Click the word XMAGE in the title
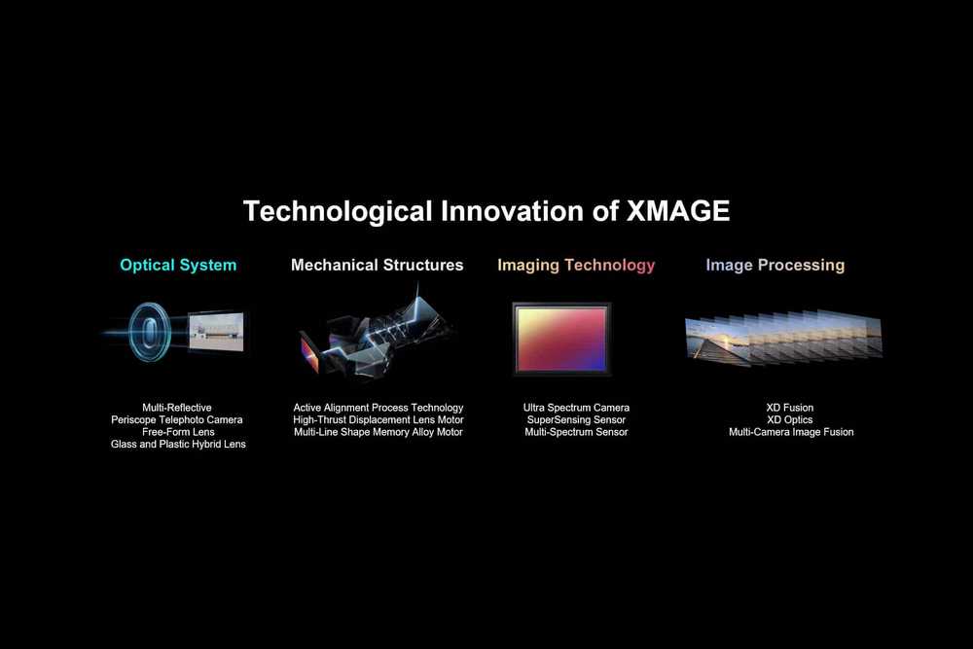677,211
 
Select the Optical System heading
178,266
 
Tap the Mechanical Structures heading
378,265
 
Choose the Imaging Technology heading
576,266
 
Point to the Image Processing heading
775,266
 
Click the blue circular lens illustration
150,332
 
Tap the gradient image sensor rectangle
562,340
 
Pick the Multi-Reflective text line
177,408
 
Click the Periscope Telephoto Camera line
177,420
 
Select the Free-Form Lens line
178,432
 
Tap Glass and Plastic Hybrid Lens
178,445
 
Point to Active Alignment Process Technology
378,408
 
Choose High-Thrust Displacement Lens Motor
378,420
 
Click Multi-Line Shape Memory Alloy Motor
378,432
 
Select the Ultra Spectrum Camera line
576,408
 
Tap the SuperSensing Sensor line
576,420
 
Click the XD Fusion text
790,408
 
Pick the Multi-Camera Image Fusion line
791,432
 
